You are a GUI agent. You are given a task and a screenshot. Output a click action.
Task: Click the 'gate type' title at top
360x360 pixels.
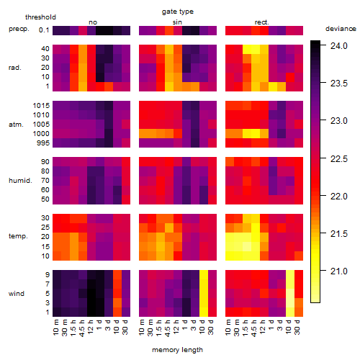pos(178,12)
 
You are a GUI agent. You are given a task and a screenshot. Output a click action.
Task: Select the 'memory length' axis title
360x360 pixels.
pos(178,350)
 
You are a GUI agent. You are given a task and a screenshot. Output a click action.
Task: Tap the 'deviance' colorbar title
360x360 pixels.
pos(341,29)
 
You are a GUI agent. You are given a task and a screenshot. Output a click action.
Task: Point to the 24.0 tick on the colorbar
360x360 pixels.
pos(338,45)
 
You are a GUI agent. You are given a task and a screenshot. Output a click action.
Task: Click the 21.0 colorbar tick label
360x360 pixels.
pos(338,271)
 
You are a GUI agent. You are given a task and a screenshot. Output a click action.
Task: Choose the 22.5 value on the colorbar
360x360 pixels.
pos(338,158)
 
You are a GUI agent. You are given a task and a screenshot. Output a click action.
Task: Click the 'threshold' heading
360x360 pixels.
pos(40,17)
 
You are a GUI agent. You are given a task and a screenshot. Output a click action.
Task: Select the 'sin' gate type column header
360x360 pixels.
pos(177,22)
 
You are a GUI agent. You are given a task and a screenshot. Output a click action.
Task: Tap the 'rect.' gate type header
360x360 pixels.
pos(262,22)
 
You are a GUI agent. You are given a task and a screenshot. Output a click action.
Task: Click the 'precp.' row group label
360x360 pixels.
pos(19,29)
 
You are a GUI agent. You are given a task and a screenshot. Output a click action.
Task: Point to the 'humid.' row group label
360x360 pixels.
pos(20,181)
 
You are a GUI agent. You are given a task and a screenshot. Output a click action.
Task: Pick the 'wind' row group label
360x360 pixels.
pos(17,294)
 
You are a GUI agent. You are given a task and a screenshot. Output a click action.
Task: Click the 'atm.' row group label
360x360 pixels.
pos(16,125)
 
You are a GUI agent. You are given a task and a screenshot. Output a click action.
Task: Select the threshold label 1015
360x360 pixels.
pos(41,105)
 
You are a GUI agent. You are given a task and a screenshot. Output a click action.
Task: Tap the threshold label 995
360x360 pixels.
pos(43,143)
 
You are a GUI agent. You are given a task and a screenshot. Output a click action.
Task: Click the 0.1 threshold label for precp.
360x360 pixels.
pos(44,30)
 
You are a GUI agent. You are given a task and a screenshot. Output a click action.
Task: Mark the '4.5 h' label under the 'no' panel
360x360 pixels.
pos(82,328)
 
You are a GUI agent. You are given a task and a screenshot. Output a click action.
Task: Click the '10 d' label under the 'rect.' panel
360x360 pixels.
pos(289,327)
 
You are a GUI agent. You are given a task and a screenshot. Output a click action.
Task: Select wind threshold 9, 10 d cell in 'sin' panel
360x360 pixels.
pos(204,274)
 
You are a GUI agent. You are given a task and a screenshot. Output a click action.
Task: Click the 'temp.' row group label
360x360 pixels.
pos(18,236)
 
